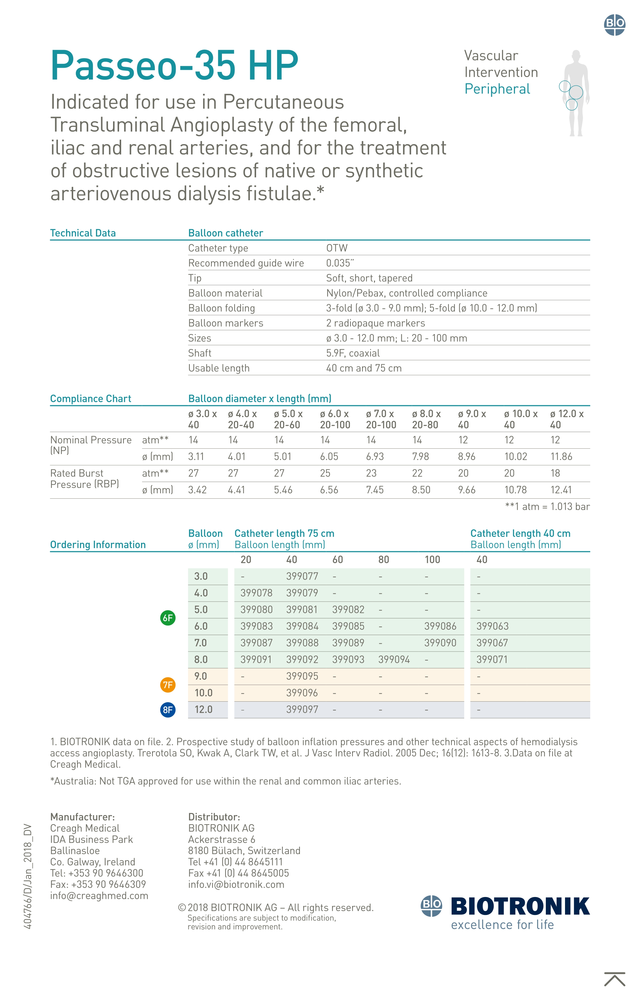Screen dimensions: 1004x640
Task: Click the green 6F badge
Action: click(x=168, y=618)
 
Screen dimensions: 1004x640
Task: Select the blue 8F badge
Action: click(x=168, y=710)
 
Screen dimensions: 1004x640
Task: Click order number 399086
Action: click(x=440, y=626)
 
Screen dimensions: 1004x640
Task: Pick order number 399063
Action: click(x=492, y=626)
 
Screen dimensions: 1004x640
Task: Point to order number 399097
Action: click(x=302, y=710)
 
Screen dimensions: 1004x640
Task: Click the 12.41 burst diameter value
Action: click(x=561, y=490)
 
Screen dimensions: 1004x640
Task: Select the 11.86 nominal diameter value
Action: click(x=561, y=456)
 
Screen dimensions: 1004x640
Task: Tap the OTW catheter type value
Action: click(x=337, y=248)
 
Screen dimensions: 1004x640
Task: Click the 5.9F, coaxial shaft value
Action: click(x=353, y=353)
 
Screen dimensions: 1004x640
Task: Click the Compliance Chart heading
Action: click(x=91, y=399)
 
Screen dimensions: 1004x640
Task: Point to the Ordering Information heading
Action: click(x=98, y=545)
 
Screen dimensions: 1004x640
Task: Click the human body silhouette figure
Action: click(x=576, y=93)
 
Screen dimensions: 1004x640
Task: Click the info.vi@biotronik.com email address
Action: click(x=236, y=884)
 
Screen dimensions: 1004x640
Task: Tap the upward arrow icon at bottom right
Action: click(x=615, y=979)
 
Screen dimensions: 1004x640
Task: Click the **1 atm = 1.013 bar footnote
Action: click(x=547, y=506)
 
